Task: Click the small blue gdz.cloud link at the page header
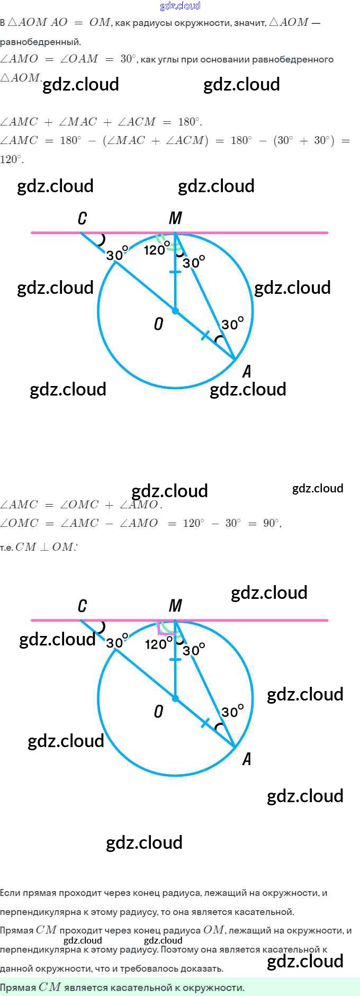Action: pos(180,6)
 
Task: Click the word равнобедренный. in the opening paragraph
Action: pos(41,42)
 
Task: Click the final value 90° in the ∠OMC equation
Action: pos(272,523)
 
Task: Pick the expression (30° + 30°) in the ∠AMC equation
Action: pos(304,141)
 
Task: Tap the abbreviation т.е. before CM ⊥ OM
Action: pos(6,548)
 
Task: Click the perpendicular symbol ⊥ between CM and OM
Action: pos(44,548)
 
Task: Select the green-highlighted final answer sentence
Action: pos(122,988)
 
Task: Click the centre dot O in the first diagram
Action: pos(175,311)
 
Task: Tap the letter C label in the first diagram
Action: pos(82,218)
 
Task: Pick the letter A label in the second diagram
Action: pos(247,759)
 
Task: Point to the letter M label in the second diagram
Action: pos(175,606)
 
